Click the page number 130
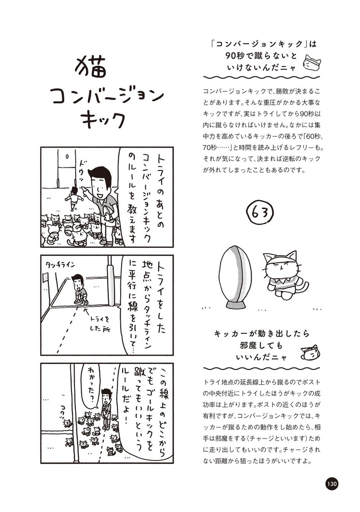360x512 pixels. click(331, 483)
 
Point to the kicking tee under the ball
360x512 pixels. click(236, 305)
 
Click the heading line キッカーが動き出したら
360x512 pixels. click(261, 334)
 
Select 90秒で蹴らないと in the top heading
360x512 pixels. click(261, 56)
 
